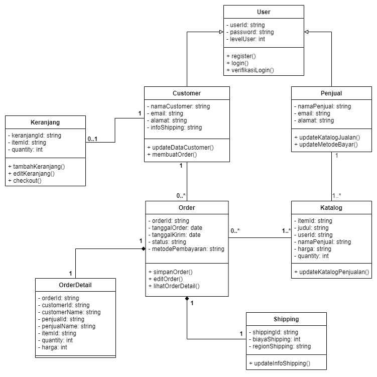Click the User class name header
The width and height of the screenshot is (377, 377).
(x=264, y=12)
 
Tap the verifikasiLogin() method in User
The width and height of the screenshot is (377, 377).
(x=250, y=70)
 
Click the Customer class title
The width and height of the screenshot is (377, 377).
(x=187, y=93)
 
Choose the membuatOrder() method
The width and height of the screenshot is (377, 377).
(x=172, y=155)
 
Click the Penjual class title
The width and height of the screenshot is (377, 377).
(x=331, y=93)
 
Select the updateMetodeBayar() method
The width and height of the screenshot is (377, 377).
(x=327, y=145)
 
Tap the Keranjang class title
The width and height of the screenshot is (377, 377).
(x=45, y=122)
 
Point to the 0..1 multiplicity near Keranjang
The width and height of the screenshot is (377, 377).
(x=92, y=139)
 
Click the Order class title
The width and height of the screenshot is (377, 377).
(x=187, y=208)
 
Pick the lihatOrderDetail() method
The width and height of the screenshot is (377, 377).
(x=174, y=286)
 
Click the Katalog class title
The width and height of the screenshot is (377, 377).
(x=331, y=208)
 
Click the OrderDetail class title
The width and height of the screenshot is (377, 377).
(x=75, y=285)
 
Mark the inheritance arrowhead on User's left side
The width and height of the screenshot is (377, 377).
(x=220, y=32)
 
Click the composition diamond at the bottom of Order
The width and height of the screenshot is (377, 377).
(x=187, y=300)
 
